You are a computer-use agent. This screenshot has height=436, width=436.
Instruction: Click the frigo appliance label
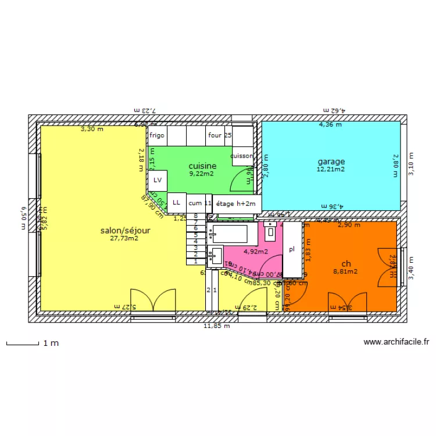[x=157, y=135]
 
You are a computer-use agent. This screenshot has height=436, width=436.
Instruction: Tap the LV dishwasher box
[x=158, y=181]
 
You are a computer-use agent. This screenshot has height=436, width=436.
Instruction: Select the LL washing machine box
[x=176, y=202]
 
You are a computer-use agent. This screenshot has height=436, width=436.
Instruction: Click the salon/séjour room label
[x=125, y=230]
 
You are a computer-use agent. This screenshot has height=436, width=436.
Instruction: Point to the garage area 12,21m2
[x=331, y=170]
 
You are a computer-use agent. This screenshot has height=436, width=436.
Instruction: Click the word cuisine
[x=202, y=166]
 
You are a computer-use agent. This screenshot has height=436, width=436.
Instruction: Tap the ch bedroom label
[x=346, y=263]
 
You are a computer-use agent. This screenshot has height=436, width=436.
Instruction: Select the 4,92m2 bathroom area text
[x=256, y=252]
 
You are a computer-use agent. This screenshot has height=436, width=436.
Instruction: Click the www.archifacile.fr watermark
[x=396, y=342]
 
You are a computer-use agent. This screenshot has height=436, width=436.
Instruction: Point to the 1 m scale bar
[x=33, y=344]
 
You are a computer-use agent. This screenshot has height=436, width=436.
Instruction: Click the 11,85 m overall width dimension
[x=216, y=326]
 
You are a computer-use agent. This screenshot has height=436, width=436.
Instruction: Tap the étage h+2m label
[x=235, y=203]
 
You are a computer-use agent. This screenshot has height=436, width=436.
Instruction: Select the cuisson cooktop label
[x=242, y=156]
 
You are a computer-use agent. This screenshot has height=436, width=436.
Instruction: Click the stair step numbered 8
[x=196, y=216]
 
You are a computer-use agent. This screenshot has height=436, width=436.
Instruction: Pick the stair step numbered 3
[x=196, y=248]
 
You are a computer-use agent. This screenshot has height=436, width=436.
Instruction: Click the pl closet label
[x=292, y=249]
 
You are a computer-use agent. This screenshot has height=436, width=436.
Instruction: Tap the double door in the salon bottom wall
[x=153, y=301]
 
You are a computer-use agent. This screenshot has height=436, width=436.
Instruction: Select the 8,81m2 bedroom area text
[x=345, y=271]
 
